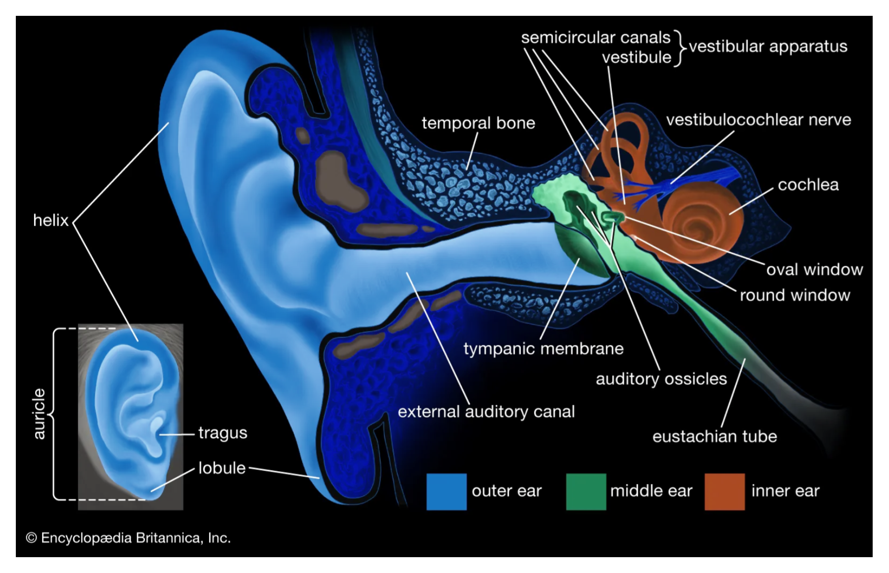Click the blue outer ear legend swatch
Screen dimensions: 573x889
[x=446, y=491]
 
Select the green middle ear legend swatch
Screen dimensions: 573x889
[x=586, y=491]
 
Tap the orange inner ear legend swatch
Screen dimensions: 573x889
[x=724, y=491]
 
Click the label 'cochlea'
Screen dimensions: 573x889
[x=808, y=185]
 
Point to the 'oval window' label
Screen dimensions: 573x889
[x=814, y=270]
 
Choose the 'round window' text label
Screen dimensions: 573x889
[x=795, y=295]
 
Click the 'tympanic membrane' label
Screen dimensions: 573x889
[x=543, y=349]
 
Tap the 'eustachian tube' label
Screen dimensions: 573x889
[x=714, y=436]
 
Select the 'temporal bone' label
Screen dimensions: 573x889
[x=478, y=123]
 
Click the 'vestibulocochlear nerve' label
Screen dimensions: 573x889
[x=758, y=120]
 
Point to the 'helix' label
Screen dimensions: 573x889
[x=50, y=220]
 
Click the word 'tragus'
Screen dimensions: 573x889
[x=223, y=433]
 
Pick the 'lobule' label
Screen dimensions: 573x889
[x=222, y=468]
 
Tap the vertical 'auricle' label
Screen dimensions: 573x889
[x=39, y=414]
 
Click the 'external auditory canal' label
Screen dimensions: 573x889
[x=486, y=412]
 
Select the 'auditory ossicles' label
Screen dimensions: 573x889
[x=661, y=379]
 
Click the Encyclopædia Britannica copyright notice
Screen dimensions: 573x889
[x=128, y=538]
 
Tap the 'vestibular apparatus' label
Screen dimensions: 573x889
[x=768, y=47]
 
